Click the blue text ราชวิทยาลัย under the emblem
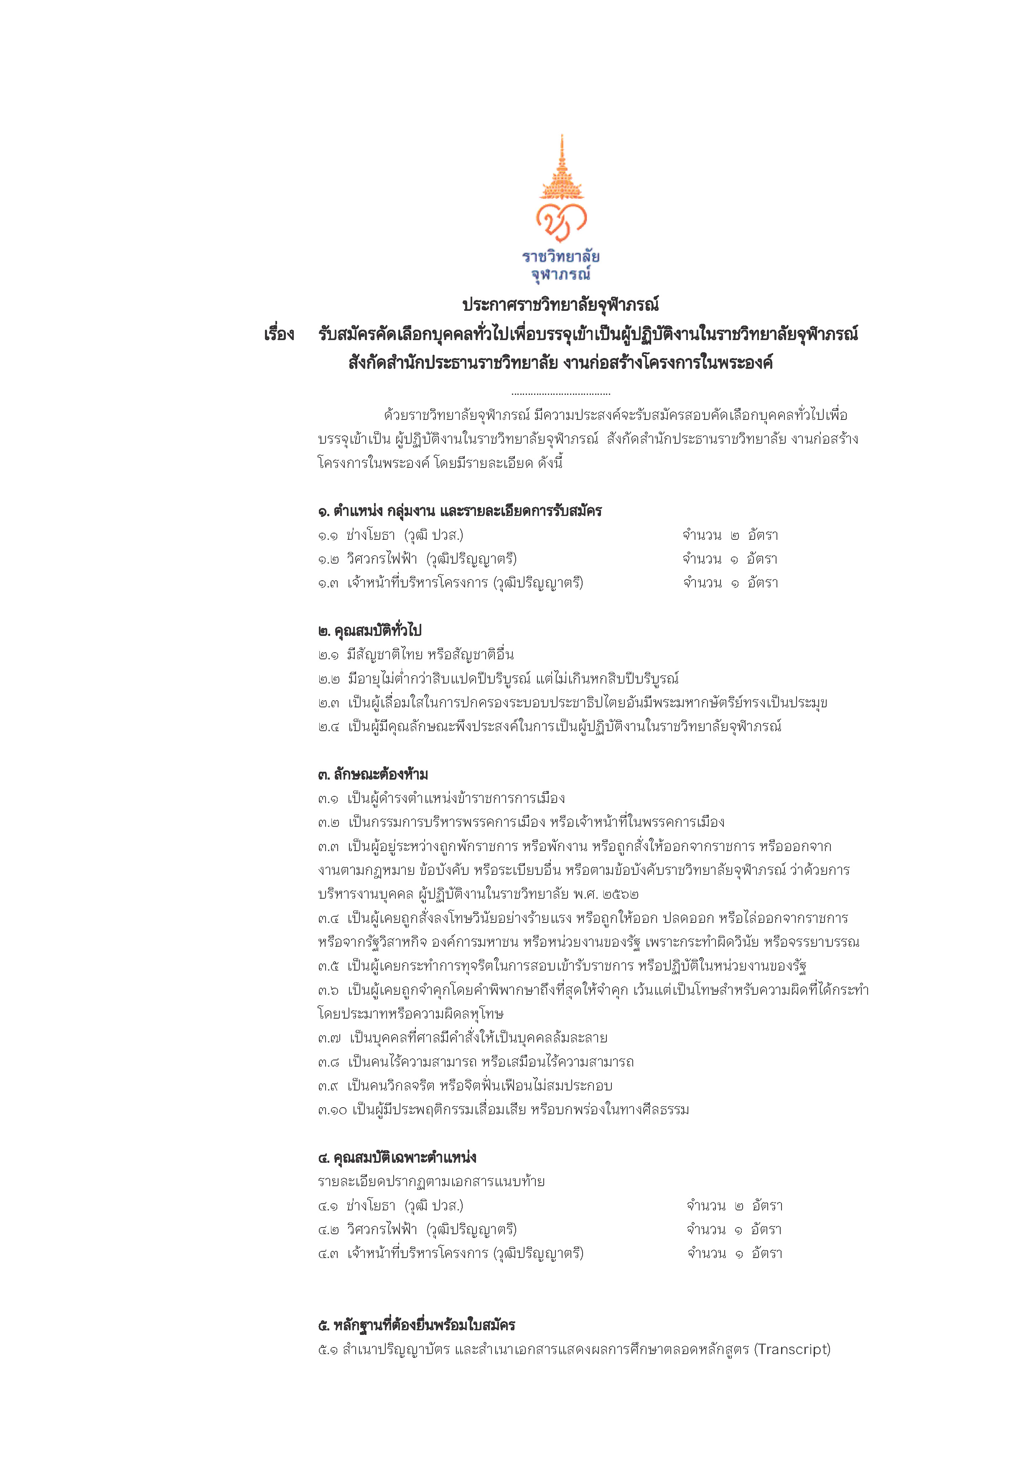tap(561, 257)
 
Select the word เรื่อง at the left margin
tap(279, 335)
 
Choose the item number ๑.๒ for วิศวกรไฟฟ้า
tap(328, 559)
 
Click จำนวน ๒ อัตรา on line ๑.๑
tap(730, 535)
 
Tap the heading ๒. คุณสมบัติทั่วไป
tap(370, 630)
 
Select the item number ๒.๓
tap(328, 703)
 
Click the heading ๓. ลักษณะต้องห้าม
tap(372, 775)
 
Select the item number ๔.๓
tap(328, 1253)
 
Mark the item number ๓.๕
tap(328, 966)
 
